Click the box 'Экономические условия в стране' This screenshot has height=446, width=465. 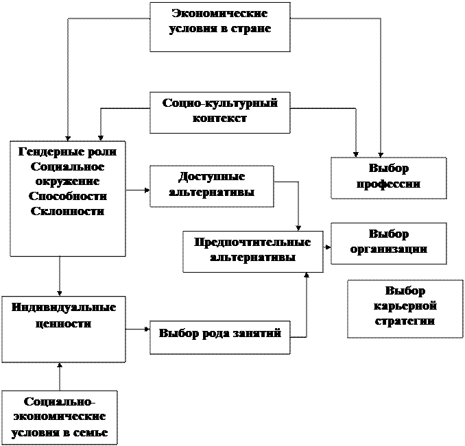220,27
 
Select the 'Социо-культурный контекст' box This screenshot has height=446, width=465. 220,112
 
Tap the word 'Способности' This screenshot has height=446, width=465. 68,197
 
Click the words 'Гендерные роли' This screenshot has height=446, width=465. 68,151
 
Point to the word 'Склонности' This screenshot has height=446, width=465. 68,212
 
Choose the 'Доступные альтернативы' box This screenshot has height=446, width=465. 212,186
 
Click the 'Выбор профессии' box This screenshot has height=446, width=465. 389,178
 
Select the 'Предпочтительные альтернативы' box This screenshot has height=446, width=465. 253,251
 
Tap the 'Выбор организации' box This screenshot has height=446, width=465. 389,243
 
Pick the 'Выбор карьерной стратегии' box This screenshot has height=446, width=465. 405,309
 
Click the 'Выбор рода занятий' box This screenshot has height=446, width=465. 220,337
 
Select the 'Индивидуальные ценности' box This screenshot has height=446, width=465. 64,330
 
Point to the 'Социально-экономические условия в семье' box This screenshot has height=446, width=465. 60,418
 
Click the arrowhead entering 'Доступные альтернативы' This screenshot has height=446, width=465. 147,190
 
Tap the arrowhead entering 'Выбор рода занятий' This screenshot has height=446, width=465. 147,329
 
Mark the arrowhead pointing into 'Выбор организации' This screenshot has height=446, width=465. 328,247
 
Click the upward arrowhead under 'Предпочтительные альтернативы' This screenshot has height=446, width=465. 307,275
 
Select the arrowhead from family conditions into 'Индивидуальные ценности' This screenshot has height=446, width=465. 60,365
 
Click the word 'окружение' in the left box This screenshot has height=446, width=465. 67,182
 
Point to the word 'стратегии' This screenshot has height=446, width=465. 405,321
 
